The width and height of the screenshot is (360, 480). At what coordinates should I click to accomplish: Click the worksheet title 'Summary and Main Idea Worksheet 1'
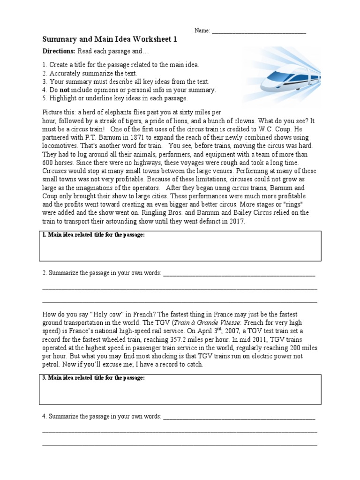(110, 40)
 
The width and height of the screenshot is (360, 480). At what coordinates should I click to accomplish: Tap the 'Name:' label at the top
(202, 31)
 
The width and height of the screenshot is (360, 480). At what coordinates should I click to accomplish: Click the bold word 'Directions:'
(59, 51)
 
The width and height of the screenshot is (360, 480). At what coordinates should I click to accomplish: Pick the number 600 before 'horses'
(48, 163)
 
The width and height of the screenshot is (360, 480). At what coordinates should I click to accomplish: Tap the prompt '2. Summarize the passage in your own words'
(102, 273)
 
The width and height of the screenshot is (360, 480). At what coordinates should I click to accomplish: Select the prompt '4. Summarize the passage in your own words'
(102, 416)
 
